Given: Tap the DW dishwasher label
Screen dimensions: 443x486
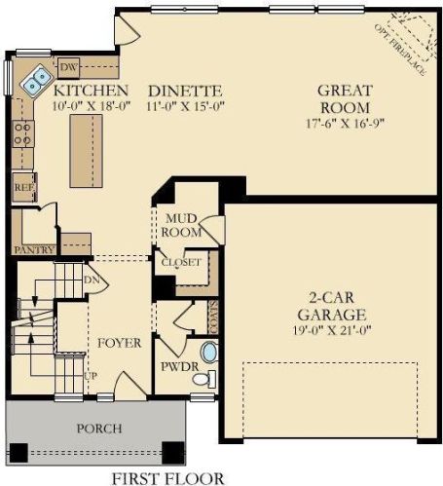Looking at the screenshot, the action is coord(69,67).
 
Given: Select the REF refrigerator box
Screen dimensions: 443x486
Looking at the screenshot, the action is coord(24,187).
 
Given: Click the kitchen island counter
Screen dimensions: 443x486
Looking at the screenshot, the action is coord(87,151).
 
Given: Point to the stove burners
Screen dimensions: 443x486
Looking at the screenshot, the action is coord(22,133).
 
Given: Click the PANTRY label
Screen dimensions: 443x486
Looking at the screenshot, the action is coord(34,249).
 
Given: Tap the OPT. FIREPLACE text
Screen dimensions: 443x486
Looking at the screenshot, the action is coord(400,50).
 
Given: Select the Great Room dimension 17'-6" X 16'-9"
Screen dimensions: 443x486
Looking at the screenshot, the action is coord(345,124).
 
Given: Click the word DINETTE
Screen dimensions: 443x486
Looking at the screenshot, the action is coord(185,92).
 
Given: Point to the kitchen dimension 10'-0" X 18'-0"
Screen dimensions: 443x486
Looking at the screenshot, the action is coord(92,106).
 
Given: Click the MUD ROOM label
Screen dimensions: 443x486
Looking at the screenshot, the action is coord(181,225).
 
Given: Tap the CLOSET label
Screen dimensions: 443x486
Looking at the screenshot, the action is coord(181,262).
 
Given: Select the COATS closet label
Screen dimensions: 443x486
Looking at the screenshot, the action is coord(213,317).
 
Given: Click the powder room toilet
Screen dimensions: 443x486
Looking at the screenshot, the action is coord(204,379).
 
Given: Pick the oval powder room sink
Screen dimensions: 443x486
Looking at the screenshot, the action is coord(209,353).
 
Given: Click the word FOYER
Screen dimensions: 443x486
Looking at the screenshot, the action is coord(120,343).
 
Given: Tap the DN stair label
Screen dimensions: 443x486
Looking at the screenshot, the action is coord(92,280).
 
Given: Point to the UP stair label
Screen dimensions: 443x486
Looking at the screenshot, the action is coord(91,376).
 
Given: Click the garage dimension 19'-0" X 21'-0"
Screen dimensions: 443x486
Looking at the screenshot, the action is coord(332,330).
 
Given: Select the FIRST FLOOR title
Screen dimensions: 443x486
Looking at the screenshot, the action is coord(167,478).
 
